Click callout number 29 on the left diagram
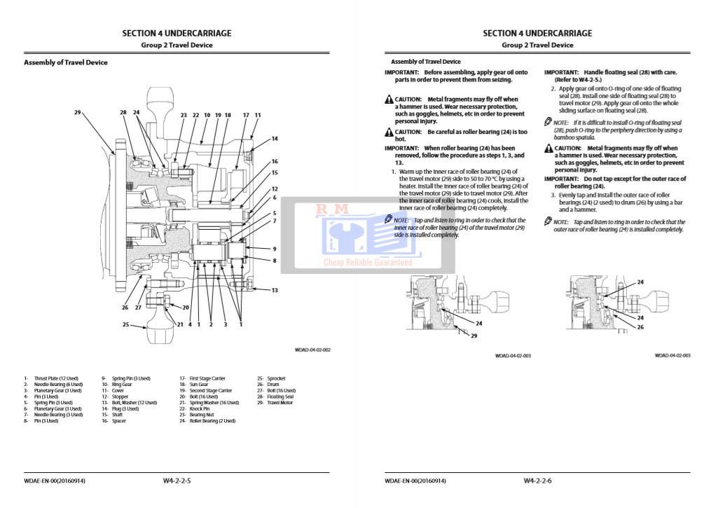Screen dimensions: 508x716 pyautogui.click(x=77, y=112)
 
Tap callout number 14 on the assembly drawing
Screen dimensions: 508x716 pyautogui.click(x=275, y=139)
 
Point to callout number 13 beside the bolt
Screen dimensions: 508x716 pyautogui.click(x=275, y=290)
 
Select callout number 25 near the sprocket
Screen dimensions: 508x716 pyautogui.click(x=126, y=324)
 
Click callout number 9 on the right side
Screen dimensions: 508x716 pyautogui.click(x=275, y=249)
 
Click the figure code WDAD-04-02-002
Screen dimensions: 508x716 pyautogui.click(x=312, y=350)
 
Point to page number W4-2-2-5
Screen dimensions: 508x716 pyautogui.click(x=177, y=481)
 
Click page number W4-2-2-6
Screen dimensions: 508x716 pyautogui.click(x=537, y=481)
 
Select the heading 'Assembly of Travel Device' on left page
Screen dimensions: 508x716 pyautogui.click(x=66, y=62)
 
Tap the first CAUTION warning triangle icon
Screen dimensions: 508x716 pyautogui.click(x=389, y=100)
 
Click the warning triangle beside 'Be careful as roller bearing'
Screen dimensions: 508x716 pyautogui.click(x=389, y=132)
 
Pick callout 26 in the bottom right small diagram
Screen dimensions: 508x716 pyautogui.click(x=640, y=327)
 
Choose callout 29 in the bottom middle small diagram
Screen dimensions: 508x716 pyautogui.click(x=474, y=336)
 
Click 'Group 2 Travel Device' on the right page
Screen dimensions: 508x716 pyautogui.click(x=537, y=45)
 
